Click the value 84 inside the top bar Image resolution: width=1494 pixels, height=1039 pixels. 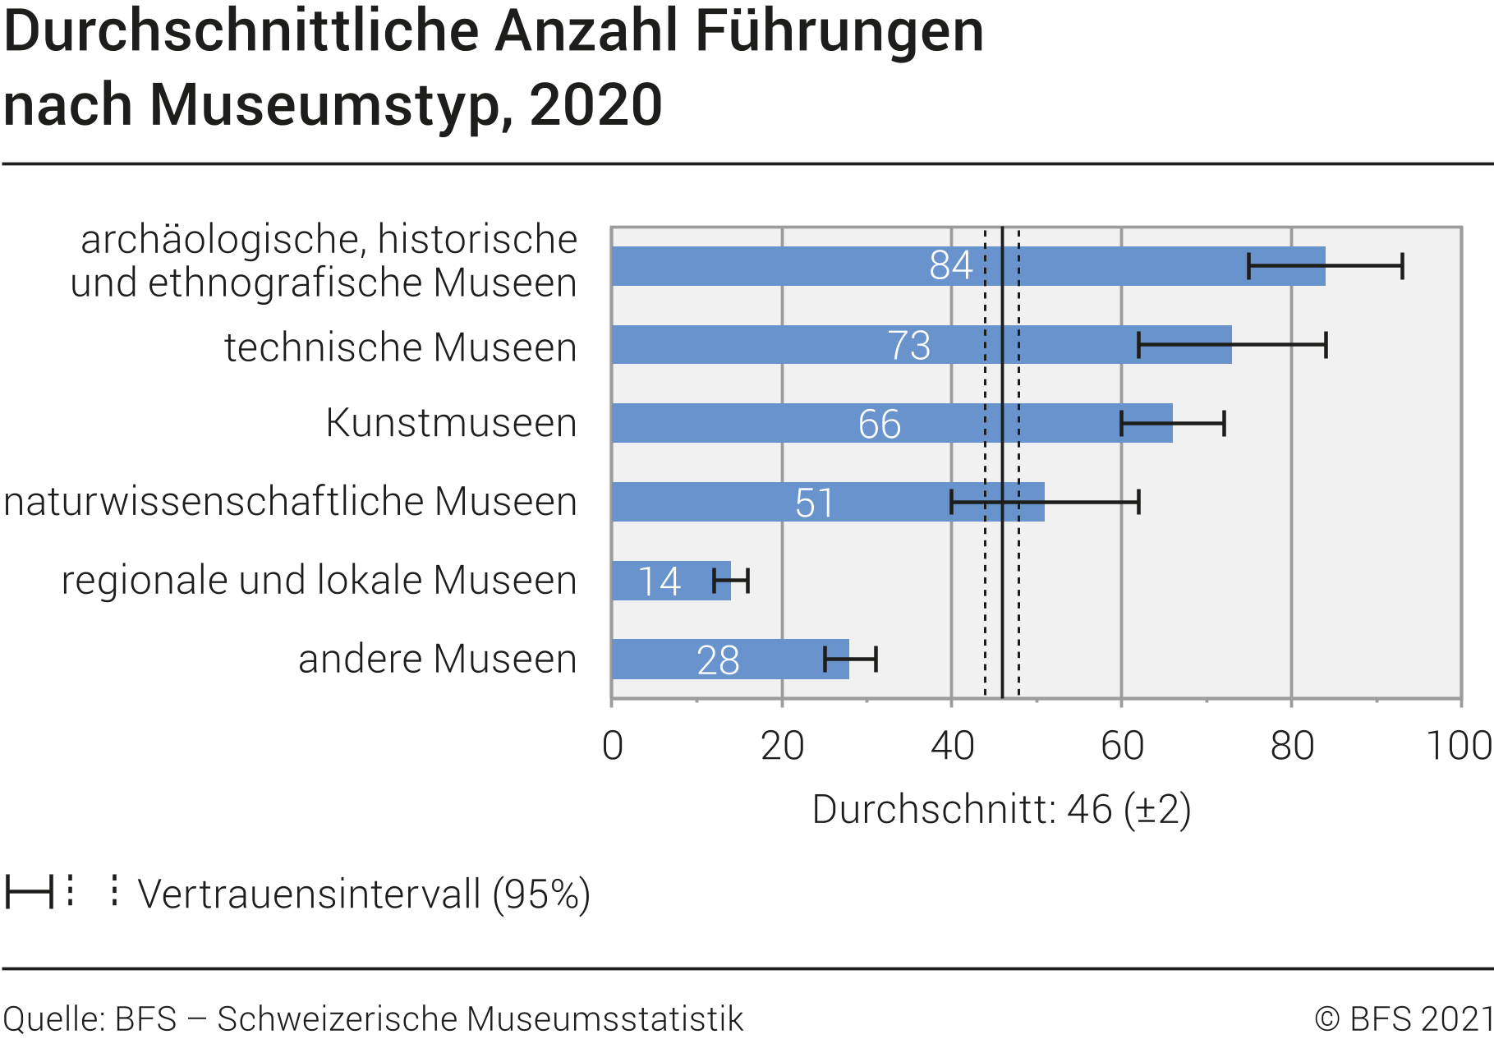point(951,265)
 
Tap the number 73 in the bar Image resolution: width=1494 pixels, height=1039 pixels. point(909,345)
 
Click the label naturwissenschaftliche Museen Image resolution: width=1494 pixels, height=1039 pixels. point(290,502)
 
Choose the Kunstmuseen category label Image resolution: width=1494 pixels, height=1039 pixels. point(451,423)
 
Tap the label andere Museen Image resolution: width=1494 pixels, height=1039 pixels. point(437,659)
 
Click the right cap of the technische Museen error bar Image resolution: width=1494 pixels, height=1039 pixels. point(1326,345)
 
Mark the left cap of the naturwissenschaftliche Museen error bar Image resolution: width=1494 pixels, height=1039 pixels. point(951,502)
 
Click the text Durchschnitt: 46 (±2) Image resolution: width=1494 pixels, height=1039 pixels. point(1001,810)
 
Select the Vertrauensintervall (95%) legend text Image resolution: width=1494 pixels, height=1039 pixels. point(364,894)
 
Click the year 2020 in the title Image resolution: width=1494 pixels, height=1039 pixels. point(595,105)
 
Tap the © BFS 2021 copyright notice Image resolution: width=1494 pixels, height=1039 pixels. point(1403,1019)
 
